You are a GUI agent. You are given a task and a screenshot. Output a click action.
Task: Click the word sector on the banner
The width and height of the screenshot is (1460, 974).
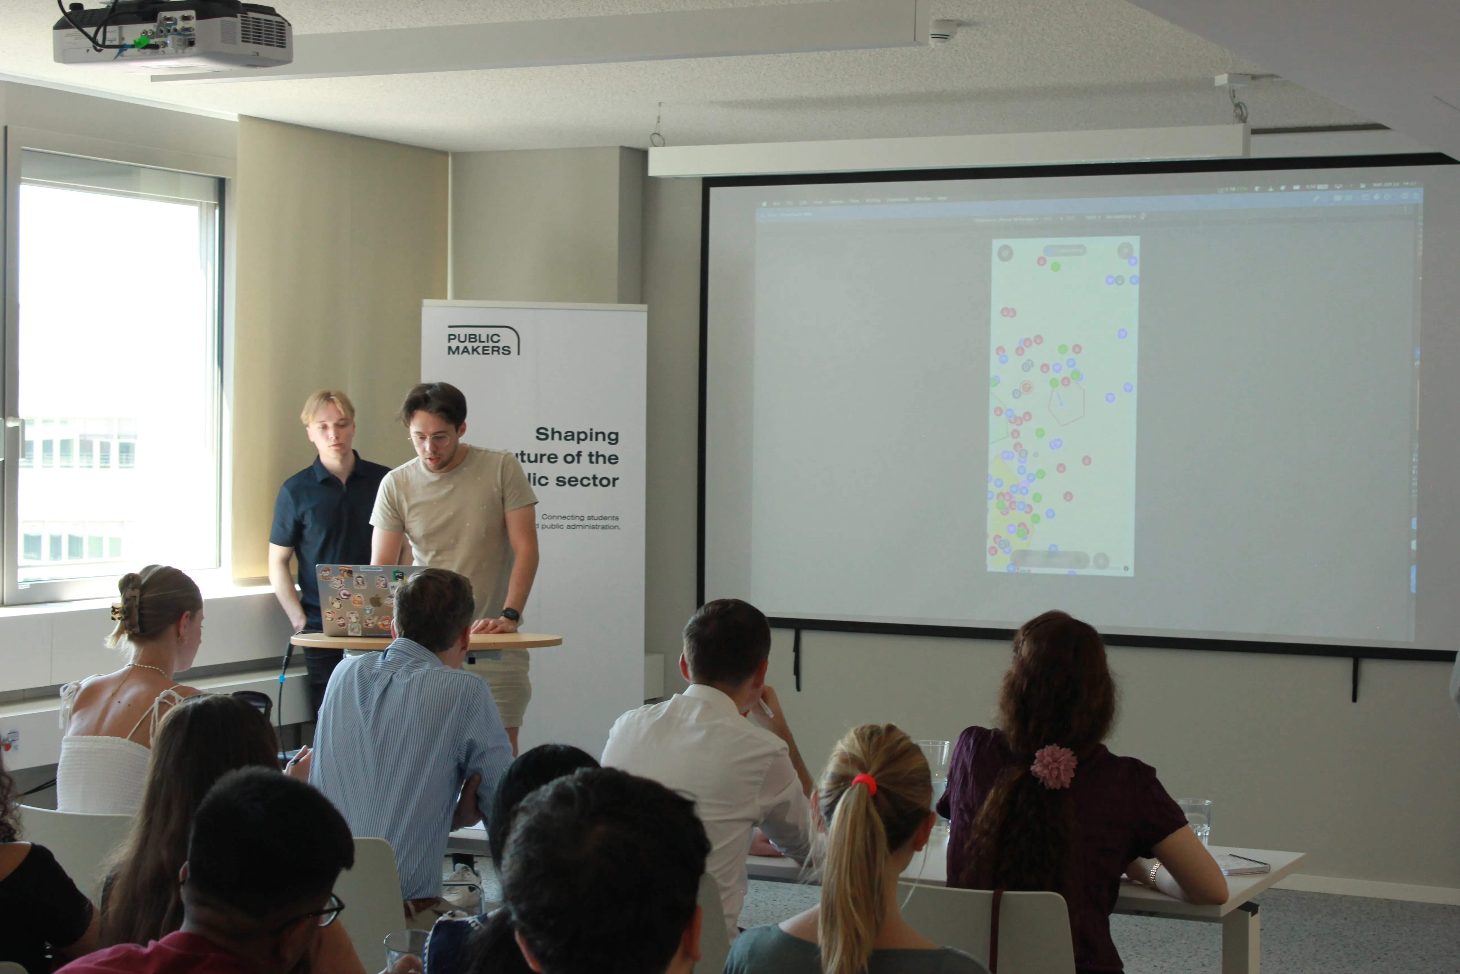pyautogui.click(x=587, y=481)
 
